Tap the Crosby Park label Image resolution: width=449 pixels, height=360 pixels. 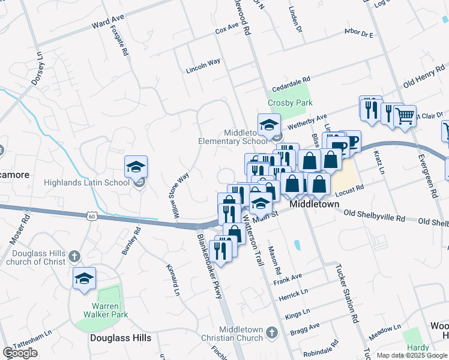pyautogui.click(x=291, y=103)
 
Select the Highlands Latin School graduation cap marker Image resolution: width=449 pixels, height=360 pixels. pyautogui.click(x=136, y=168)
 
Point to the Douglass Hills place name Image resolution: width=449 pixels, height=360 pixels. pyautogui.click(x=121, y=338)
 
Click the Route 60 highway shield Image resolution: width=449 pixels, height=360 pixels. pyautogui.click(x=91, y=215)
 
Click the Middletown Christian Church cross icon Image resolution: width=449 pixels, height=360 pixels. pyautogui.click(x=271, y=331)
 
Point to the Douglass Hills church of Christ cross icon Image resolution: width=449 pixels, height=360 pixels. pyautogui.click(x=74, y=256)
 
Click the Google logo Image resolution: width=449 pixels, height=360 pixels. pyautogui.click(x=20, y=353)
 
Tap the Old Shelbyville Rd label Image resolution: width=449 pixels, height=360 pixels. pyautogui.click(x=382, y=217)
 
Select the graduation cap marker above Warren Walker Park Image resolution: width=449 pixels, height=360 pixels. pyautogui.click(x=84, y=279)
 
